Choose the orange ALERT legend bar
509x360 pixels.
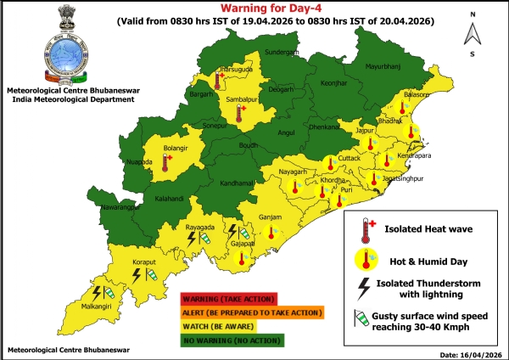(251, 312)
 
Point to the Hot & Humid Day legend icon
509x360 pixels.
(367, 259)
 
